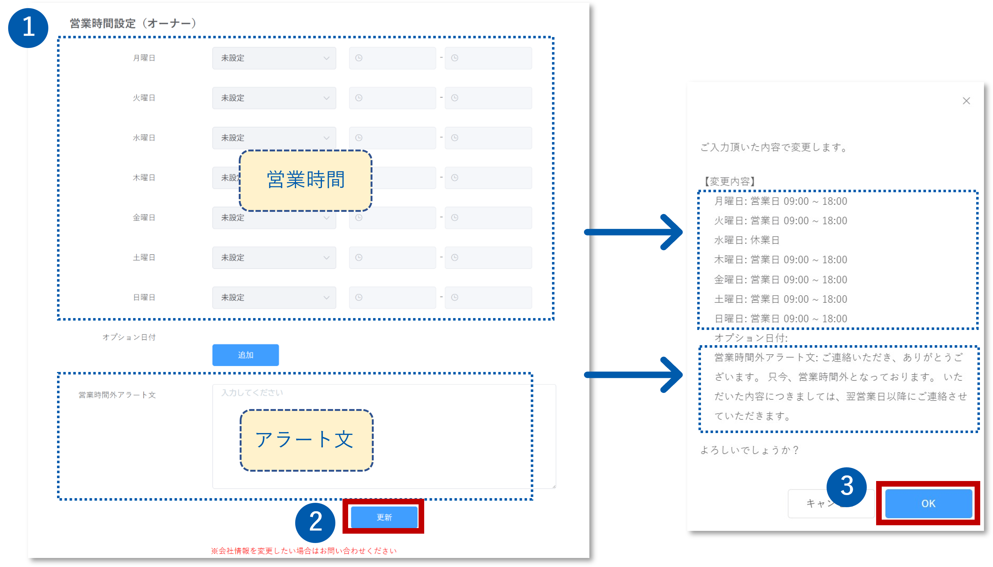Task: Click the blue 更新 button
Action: point(384,517)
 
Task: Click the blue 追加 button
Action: point(245,355)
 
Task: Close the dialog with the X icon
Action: point(966,101)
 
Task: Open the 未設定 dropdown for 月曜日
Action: point(274,58)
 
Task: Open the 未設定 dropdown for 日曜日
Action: point(274,298)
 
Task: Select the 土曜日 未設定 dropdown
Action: point(274,257)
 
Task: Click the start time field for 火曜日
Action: point(392,98)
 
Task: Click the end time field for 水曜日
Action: point(488,138)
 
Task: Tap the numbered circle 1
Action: point(28,28)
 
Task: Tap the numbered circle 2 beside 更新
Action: point(315,522)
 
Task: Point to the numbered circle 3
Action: point(846,487)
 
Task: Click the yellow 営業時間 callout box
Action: point(305,180)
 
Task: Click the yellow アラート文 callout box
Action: point(306,440)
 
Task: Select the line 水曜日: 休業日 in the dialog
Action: point(746,240)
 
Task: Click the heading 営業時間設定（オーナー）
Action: point(133,23)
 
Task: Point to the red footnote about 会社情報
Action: point(304,551)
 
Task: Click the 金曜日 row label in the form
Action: point(144,218)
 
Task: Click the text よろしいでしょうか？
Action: point(749,450)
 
